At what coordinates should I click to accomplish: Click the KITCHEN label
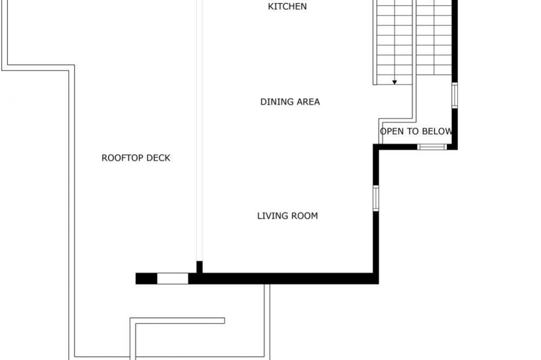coord(287,6)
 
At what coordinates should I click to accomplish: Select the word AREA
coord(307,102)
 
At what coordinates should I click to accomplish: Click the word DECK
coord(159,158)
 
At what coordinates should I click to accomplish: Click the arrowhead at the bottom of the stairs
coord(394,82)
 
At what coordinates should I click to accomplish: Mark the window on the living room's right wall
coord(376,198)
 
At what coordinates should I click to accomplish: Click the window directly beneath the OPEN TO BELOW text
coord(432,147)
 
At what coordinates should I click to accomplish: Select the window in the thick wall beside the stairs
coord(455,96)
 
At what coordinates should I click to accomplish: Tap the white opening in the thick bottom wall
coord(173,278)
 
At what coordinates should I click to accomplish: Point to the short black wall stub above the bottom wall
coord(200,267)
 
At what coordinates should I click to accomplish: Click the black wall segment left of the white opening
coord(146,278)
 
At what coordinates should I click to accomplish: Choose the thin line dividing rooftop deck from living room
coord(200,130)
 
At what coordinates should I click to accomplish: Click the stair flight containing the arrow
coord(394,42)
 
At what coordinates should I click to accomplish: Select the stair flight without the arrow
coord(434,37)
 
